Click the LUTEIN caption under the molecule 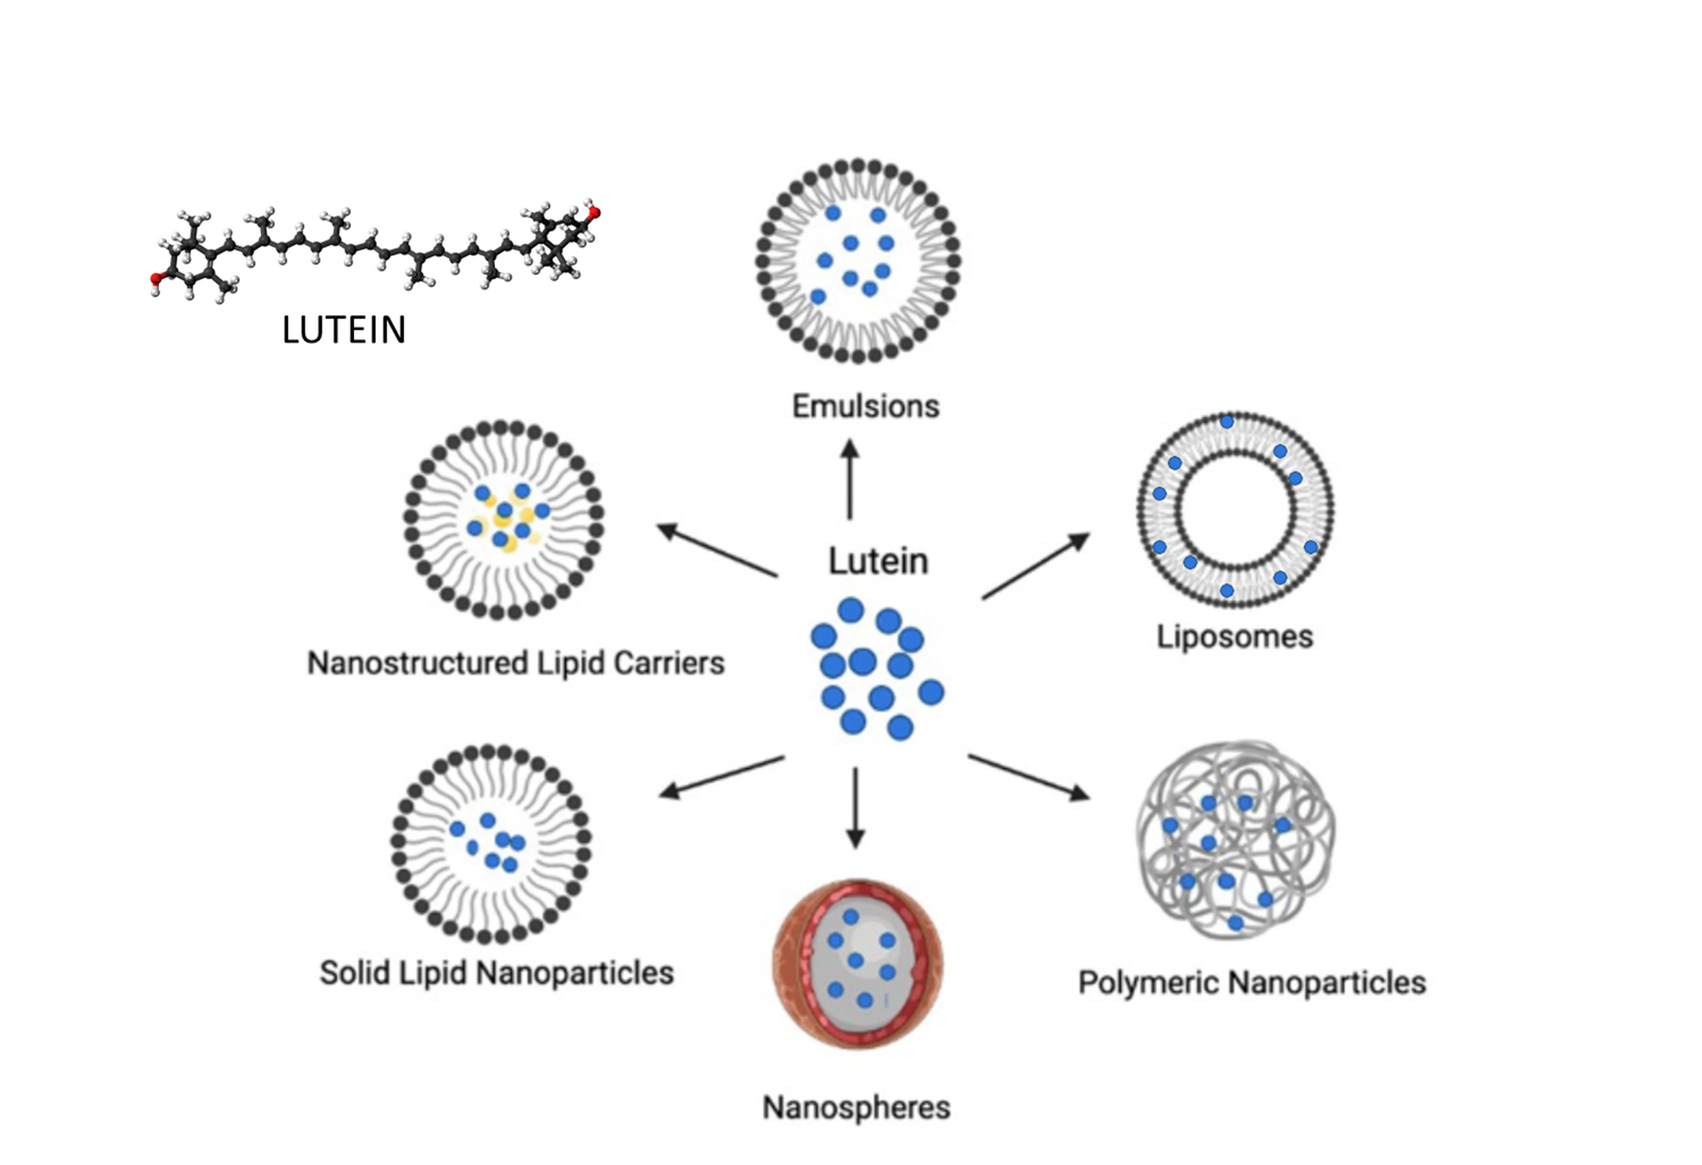(x=343, y=330)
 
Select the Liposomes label (x=1235, y=636)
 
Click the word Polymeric (x=1148, y=983)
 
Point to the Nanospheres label (x=856, y=1108)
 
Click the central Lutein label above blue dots (x=878, y=562)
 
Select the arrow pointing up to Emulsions (x=850, y=479)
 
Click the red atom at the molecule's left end (x=155, y=278)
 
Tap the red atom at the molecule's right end (x=595, y=213)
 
